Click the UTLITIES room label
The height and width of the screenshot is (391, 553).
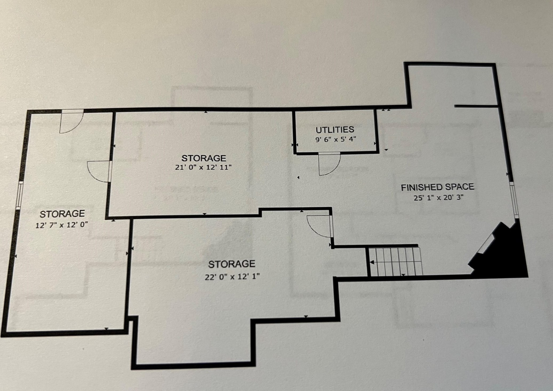(335, 130)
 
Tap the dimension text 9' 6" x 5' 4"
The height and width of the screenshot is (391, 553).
(336, 139)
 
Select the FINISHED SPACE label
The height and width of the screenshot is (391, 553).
(438, 187)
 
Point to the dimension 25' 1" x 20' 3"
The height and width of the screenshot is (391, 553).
(439, 198)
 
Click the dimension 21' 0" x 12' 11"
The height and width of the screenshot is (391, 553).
(203, 167)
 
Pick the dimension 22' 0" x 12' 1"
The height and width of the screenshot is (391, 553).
(232, 277)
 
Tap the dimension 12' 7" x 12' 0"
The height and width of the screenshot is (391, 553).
(62, 225)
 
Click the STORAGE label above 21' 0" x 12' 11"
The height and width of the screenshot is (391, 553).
(204, 158)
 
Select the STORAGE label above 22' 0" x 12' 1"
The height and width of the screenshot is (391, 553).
(232, 264)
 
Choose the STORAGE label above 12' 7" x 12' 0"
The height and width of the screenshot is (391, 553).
(62, 214)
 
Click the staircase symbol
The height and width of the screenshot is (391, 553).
(395, 261)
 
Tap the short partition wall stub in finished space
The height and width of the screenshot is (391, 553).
(476, 106)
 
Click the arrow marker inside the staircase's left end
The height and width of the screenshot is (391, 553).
(372, 263)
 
